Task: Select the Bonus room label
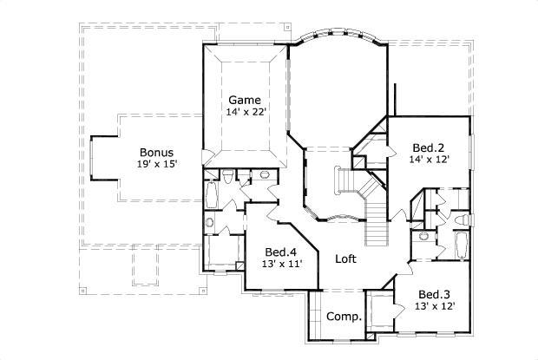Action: point(156,151)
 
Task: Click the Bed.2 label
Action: point(429,147)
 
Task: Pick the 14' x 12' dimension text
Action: point(429,160)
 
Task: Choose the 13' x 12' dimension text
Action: point(434,306)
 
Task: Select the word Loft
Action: point(346,259)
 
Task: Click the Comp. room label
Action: point(344,317)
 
